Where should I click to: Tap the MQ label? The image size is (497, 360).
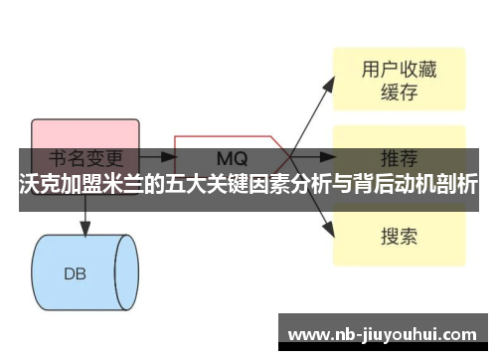233,158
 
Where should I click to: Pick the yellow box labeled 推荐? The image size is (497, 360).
398,158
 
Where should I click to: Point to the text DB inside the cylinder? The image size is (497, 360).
76,272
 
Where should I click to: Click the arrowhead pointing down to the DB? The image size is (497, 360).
83,228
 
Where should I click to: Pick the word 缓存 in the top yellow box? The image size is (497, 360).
398,94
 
